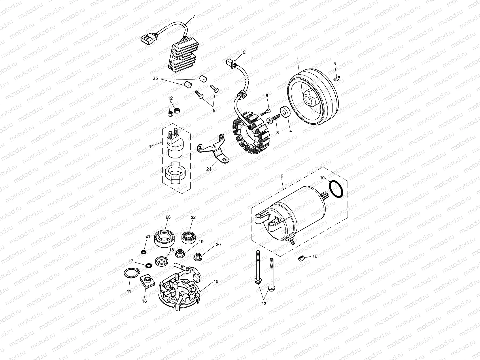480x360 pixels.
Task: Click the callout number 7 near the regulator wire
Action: pos(194,16)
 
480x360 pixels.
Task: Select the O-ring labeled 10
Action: pos(336,189)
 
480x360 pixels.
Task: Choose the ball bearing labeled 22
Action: pos(189,236)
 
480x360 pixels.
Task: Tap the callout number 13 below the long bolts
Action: pos(264,304)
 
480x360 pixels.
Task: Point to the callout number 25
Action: pos(155,78)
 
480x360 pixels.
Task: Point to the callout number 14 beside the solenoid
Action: pos(151,146)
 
